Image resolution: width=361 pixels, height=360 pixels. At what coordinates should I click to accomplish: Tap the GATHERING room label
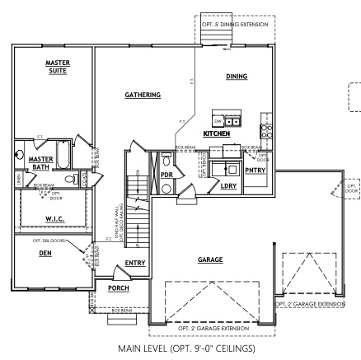point(143,95)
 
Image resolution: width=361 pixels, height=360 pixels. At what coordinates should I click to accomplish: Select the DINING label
point(237,76)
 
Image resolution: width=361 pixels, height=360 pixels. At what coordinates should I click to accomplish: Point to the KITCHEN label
point(216,133)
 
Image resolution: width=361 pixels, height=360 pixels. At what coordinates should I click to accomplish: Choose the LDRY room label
point(228,186)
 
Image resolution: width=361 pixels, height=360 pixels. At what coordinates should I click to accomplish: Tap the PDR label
point(166,175)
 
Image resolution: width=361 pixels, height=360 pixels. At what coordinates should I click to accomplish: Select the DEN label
point(45,254)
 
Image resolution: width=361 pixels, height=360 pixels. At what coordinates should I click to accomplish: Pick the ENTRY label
point(135,264)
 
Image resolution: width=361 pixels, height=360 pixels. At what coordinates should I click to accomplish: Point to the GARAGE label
point(209,259)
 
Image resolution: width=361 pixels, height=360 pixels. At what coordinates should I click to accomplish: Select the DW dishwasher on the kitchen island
point(218,119)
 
